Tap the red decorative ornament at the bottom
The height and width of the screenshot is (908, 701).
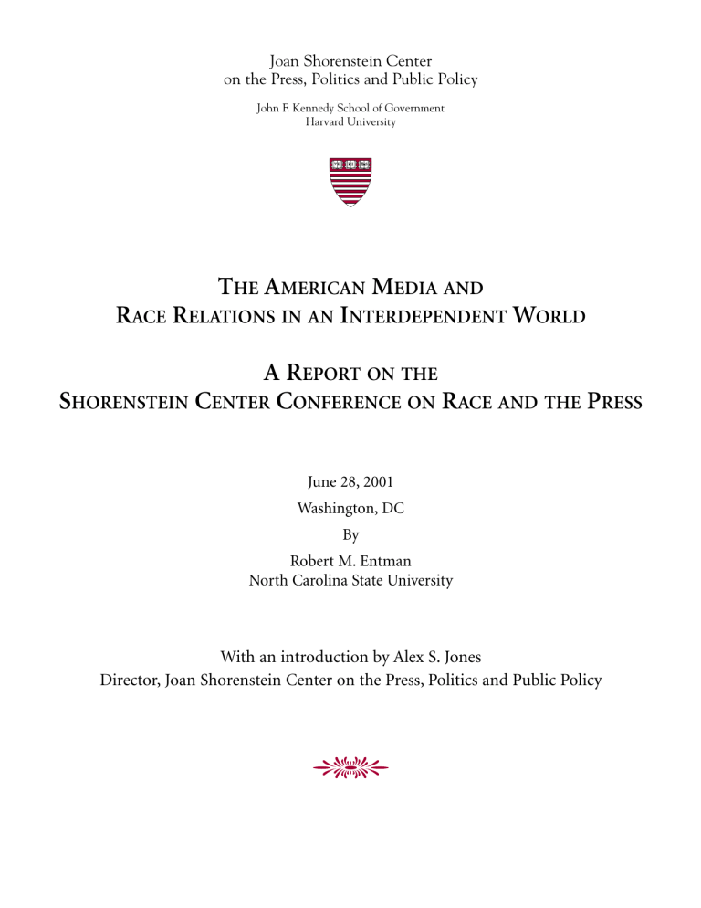[350, 769]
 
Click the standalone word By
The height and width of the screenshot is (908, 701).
[350, 529]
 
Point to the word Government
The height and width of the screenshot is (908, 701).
[410, 108]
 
